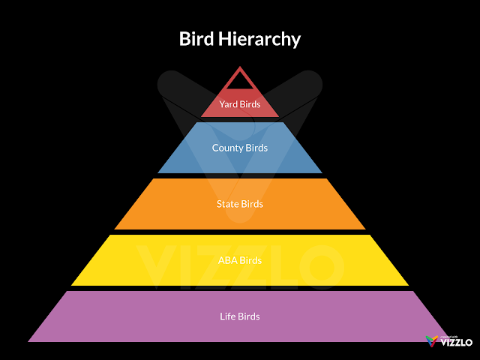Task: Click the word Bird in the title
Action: click(x=195, y=39)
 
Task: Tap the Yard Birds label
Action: click(x=240, y=104)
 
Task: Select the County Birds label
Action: click(x=240, y=148)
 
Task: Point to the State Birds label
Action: click(x=240, y=204)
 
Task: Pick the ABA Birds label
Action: click(x=240, y=260)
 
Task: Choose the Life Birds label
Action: click(x=240, y=316)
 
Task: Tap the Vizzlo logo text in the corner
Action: click(x=456, y=343)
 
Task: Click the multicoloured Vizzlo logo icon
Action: click(x=431, y=341)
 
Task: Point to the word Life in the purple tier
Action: click(x=228, y=316)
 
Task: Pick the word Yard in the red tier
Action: click(x=229, y=104)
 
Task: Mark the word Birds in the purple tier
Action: click(x=249, y=316)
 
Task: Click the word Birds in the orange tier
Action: click(x=253, y=204)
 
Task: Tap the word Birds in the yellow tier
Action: click(x=251, y=260)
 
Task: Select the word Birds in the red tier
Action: click(x=250, y=104)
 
